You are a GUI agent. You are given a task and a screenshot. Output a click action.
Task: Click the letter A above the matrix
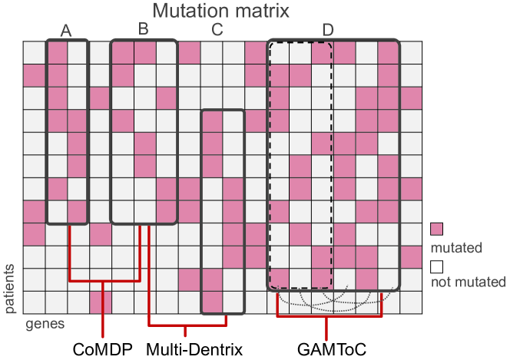click(66, 31)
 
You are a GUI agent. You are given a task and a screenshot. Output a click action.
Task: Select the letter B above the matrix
click(143, 29)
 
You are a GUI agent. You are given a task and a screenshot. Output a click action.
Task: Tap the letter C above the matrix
click(217, 31)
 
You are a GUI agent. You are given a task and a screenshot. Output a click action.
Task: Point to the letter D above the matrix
click(328, 31)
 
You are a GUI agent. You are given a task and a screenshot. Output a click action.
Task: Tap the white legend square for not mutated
click(437, 266)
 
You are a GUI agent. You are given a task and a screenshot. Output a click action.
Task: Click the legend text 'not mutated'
click(469, 282)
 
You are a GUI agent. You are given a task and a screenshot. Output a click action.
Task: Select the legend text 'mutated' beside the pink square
click(456, 247)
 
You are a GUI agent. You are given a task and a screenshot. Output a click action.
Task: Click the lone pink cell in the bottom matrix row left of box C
click(101, 302)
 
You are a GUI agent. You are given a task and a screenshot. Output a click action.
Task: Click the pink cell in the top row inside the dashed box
click(321, 53)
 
